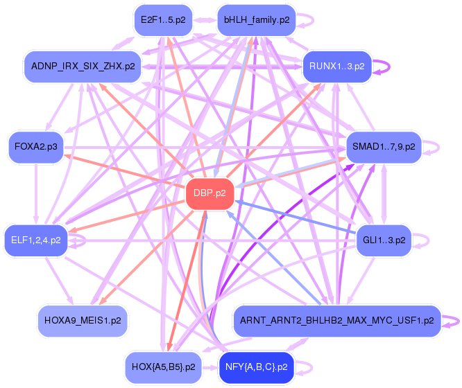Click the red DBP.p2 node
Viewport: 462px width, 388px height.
coord(209,193)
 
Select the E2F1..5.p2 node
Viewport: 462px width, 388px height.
coord(163,20)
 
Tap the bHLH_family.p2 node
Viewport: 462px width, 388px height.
coord(257,20)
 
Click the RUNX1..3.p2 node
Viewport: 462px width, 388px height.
coord(336,67)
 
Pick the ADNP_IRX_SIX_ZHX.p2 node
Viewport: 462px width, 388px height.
coord(83,67)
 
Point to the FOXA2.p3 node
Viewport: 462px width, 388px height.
coord(36,147)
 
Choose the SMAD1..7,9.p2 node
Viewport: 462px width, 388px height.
coord(384,147)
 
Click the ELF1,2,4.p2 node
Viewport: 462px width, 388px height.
coord(36,240)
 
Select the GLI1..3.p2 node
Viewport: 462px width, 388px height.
coord(384,240)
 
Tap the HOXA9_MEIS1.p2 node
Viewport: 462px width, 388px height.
coord(83,321)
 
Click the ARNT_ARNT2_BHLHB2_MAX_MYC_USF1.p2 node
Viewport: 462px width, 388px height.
coord(336,321)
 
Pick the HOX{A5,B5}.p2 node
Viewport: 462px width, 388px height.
coord(163,367)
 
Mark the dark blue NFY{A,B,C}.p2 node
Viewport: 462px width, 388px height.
coord(257,367)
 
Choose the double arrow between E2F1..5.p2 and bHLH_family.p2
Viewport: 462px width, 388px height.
coord(205,20)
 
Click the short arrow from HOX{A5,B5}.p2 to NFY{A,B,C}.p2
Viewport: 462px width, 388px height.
coord(210,368)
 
